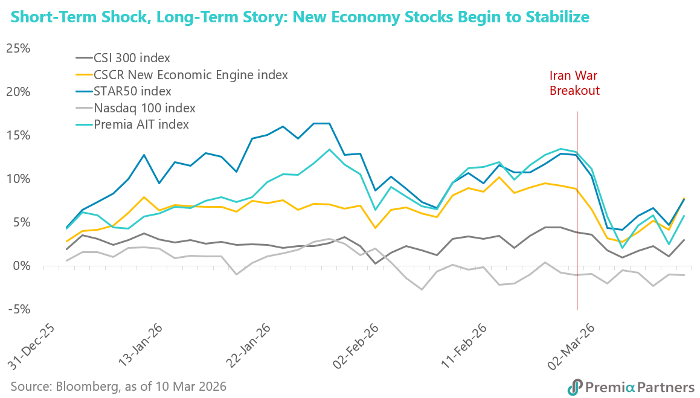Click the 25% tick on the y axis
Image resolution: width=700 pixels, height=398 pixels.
[18, 48]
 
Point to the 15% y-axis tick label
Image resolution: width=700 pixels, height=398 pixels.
[18, 135]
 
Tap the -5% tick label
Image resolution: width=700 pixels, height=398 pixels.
[18, 309]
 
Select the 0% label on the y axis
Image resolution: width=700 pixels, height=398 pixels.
[22, 266]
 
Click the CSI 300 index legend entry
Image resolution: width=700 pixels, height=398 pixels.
[132, 59]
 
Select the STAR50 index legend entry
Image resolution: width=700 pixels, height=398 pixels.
[132, 91]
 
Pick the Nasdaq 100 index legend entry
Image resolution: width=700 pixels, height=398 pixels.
[144, 108]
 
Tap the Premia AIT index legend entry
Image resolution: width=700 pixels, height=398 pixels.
[141, 124]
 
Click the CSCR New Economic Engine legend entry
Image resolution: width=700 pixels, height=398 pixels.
[190, 75]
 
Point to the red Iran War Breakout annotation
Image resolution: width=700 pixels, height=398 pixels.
[574, 83]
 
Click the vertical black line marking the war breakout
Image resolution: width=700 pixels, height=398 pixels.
[577, 211]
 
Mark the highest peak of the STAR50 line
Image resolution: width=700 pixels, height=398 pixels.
[320, 123]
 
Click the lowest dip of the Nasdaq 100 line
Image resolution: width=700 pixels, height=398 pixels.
[422, 289]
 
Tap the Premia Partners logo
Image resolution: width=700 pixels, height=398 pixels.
[631, 386]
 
